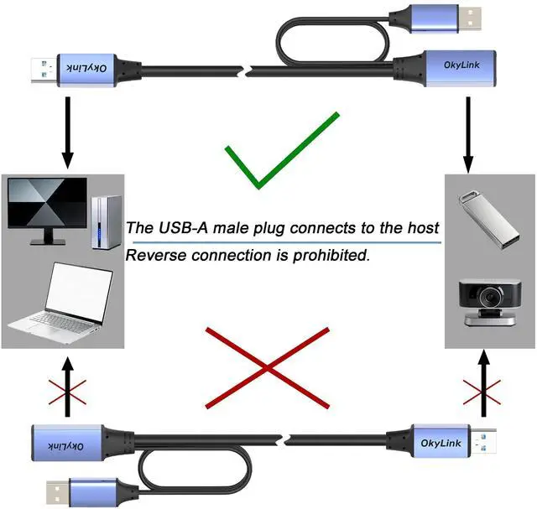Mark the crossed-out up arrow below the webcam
tap(482, 386)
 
